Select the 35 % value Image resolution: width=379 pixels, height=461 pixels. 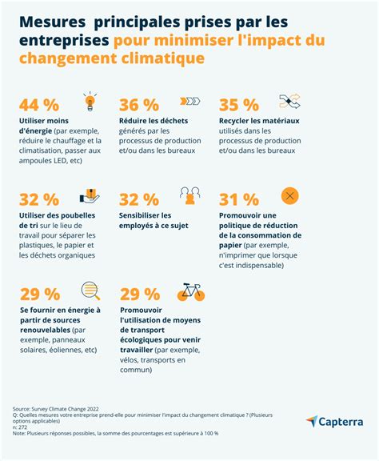(x=239, y=106)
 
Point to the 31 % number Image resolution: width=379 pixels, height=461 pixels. (x=239, y=199)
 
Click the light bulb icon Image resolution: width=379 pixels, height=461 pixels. (x=90, y=102)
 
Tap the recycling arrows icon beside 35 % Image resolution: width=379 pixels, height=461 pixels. (x=289, y=102)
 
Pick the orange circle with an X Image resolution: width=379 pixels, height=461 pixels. (x=289, y=195)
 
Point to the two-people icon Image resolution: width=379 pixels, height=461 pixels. (x=190, y=195)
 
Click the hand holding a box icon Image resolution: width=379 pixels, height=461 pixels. (x=90, y=195)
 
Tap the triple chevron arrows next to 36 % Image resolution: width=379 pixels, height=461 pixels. (x=189, y=102)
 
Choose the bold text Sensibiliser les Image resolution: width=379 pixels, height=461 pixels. (x=145, y=215)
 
